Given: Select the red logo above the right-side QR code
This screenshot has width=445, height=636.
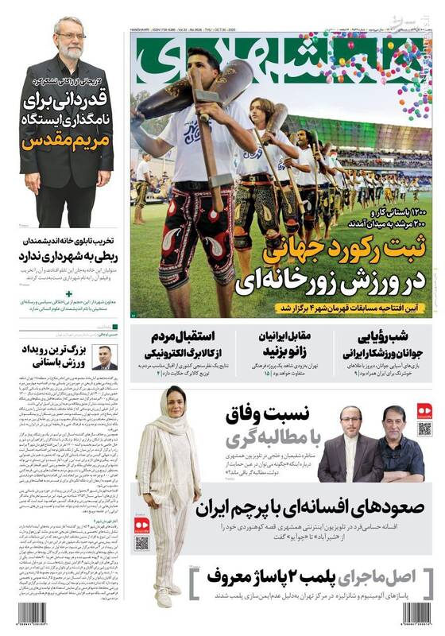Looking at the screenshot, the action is (x=424, y=411).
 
